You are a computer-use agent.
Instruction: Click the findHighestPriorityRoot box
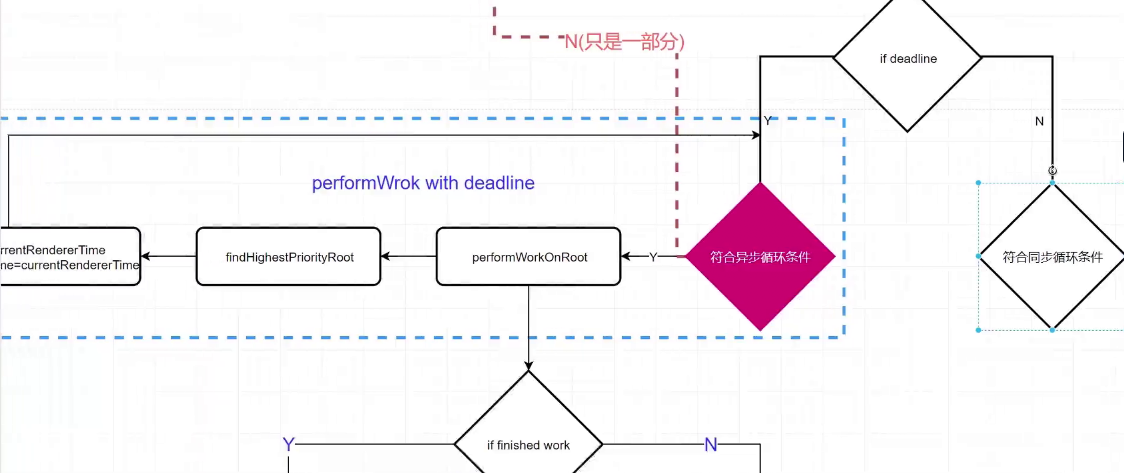pyautogui.click(x=288, y=256)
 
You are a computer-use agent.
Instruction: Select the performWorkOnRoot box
pyautogui.click(x=528, y=256)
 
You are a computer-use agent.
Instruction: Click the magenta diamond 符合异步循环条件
pyautogui.click(x=760, y=256)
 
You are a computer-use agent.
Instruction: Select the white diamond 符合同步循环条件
pyautogui.click(x=1051, y=256)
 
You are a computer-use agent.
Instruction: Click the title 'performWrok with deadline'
pyautogui.click(x=423, y=183)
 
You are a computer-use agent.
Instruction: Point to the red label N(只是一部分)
pyautogui.click(x=624, y=42)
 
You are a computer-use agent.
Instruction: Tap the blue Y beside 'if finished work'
pyautogui.click(x=288, y=444)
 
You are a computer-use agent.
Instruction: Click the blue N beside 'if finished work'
pyautogui.click(x=711, y=444)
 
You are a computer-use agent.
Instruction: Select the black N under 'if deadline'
pyautogui.click(x=1040, y=121)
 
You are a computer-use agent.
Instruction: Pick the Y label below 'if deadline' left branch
pyautogui.click(x=768, y=121)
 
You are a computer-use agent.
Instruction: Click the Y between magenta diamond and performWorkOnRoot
pyautogui.click(x=653, y=257)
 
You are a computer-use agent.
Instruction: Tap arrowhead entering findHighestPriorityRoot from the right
pyautogui.click(x=385, y=256)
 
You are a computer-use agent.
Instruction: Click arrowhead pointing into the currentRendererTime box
pyautogui.click(x=146, y=256)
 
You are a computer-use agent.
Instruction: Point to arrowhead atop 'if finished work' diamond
pyautogui.click(x=528, y=366)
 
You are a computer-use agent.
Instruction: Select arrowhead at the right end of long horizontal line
pyautogui.click(x=756, y=135)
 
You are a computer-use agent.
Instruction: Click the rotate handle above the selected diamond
pyautogui.click(x=1052, y=170)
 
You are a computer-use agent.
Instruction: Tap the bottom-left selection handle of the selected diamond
pyautogui.click(x=978, y=330)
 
